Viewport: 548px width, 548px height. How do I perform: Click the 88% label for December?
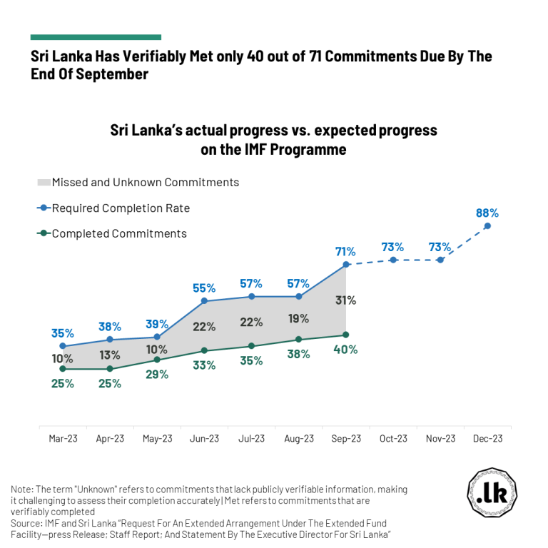(487, 213)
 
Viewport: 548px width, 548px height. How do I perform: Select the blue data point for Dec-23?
(487, 226)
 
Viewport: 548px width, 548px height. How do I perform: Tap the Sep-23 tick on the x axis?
(345, 439)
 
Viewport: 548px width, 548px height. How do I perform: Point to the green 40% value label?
(345, 350)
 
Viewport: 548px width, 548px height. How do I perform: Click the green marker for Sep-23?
(345, 335)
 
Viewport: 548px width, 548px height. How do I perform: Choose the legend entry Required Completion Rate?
(121, 208)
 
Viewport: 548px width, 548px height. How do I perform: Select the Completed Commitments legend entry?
(119, 233)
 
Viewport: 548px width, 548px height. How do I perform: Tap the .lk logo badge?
(492, 493)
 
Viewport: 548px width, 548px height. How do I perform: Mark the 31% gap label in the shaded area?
(345, 300)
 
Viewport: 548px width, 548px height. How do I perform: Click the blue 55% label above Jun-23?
(204, 288)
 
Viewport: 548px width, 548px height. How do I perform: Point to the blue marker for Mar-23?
(63, 346)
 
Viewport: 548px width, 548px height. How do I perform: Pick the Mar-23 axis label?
(63, 439)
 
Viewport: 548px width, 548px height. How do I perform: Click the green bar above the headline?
(96, 37)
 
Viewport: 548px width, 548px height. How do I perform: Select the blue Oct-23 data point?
(393, 260)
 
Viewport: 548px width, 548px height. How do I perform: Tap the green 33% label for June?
(204, 365)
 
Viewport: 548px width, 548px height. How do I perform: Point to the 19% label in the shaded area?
(298, 318)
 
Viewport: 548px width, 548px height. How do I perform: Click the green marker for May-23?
(157, 360)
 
